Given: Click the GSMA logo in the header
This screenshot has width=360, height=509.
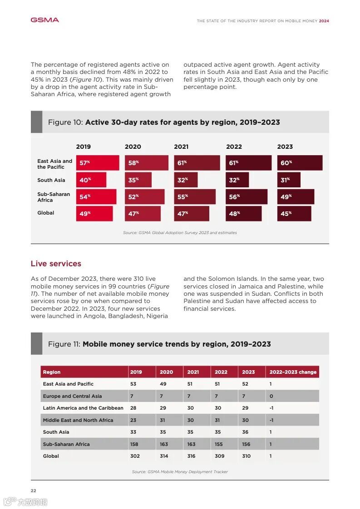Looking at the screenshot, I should click(44, 20).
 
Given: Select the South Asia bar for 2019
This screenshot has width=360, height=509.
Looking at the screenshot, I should click(91, 180).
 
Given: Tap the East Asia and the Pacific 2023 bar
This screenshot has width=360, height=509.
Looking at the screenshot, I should click(300, 163).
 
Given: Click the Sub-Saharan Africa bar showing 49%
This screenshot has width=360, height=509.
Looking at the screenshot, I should click(296, 197).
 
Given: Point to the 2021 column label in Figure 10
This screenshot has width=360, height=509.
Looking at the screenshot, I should click(181, 147).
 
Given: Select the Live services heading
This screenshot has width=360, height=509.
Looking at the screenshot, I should click(56, 264).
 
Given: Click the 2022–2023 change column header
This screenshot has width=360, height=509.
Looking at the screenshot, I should click(293, 372).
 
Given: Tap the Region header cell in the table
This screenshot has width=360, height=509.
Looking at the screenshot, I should click(52, 372).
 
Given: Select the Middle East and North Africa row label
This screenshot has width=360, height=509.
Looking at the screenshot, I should click(78, 420).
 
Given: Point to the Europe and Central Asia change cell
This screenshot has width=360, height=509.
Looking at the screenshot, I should click(271, 396).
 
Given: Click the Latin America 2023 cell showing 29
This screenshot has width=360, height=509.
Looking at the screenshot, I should click(245, 408).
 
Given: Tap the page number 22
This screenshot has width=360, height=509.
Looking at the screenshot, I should click(34, 490).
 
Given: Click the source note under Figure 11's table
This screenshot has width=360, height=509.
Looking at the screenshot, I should click(180, 472).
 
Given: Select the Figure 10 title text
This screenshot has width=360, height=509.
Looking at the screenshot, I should click(164, 122).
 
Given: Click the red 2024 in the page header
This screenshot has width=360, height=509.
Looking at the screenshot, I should click(324, 21).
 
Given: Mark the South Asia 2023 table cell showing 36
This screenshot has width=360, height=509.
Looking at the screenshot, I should click(245, 432).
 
